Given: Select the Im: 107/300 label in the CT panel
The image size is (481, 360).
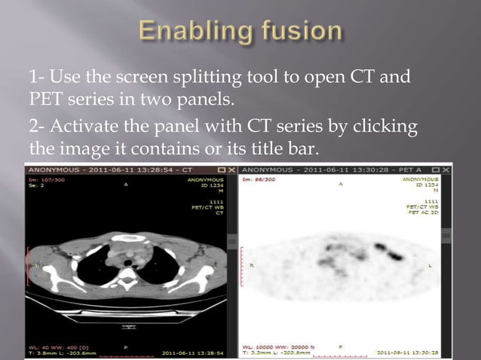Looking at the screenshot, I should pos(47,180).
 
